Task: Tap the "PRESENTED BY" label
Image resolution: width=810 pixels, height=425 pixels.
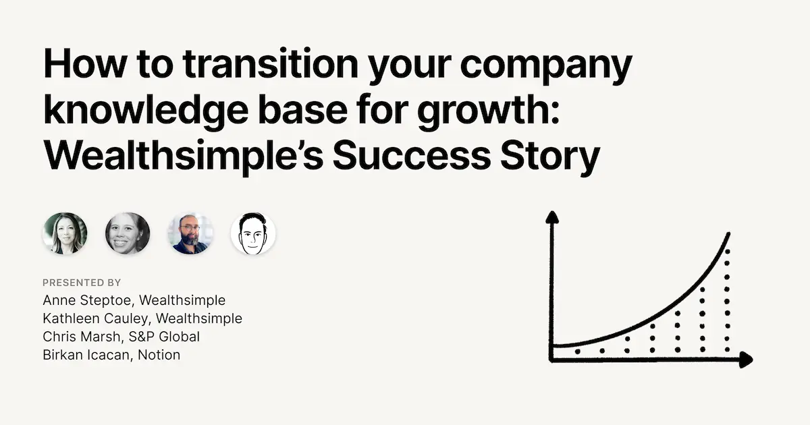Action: (82, 282)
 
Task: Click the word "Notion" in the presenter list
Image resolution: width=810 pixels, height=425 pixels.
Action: (159, 354)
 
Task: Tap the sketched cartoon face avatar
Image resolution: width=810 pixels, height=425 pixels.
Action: (253, 234)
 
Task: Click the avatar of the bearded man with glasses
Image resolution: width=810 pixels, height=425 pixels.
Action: (190, 234)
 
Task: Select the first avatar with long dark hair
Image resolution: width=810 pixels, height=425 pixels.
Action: (65, 234)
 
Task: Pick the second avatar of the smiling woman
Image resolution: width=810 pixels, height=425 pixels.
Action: (128, 234)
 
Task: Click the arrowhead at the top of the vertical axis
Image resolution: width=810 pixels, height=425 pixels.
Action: (552, 217)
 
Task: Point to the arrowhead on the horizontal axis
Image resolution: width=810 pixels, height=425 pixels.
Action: (745, 360)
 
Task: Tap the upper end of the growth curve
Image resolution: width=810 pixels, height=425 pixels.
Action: (728, 234)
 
